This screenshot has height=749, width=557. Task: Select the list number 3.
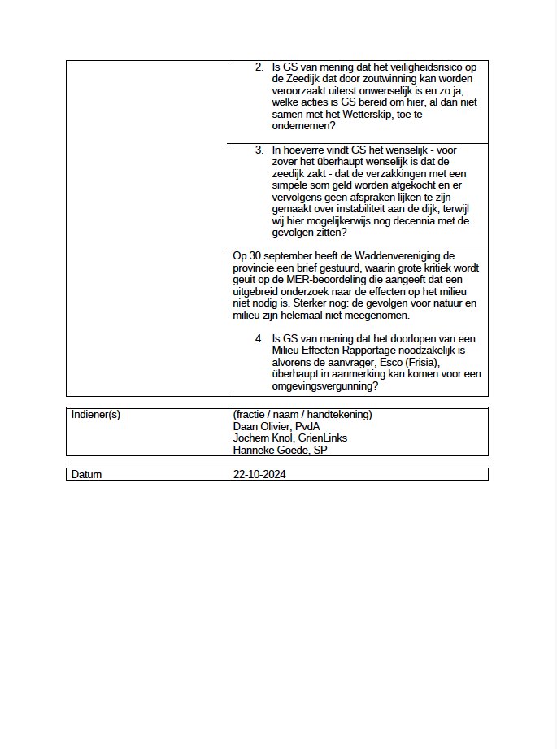click(x=259, y=150)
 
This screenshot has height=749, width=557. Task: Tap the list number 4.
click(x=259, y=338)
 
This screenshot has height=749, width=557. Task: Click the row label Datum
click(x=87, y=475)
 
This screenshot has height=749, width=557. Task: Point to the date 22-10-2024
click(x=259, y=475)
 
